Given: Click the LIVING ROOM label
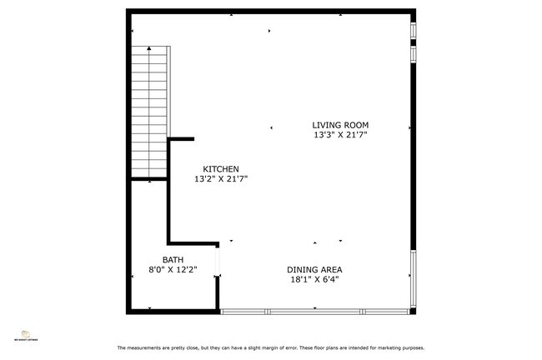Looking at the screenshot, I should tap(340, 125).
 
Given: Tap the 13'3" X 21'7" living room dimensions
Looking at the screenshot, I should tap(340, 135).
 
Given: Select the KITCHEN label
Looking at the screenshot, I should tap(221, 168).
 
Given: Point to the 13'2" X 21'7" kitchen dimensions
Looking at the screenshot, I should tap(221, 178).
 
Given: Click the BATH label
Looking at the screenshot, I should tap(173, 260).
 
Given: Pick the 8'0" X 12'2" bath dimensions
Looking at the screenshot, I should tap(173, 270).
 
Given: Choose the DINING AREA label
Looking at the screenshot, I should tap(314, 269).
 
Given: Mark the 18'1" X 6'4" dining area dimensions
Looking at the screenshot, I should tap(314, 279).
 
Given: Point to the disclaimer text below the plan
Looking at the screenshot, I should tap(270, 347).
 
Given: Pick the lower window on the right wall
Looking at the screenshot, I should tap(413, 279).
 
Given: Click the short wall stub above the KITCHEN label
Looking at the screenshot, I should tap(182, 139).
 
